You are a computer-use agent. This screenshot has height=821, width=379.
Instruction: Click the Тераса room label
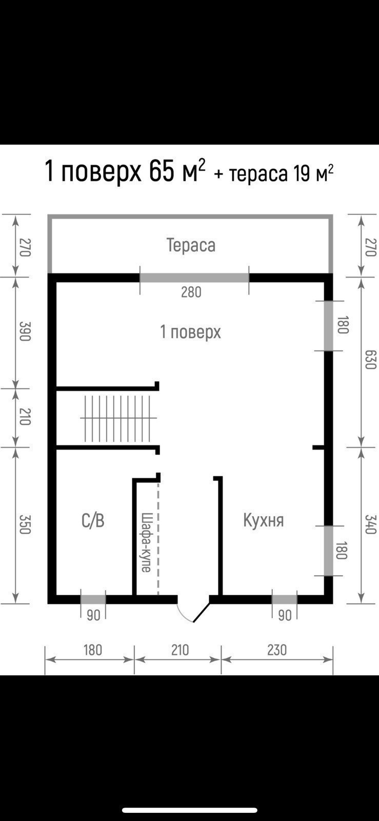click(x=191, y=245)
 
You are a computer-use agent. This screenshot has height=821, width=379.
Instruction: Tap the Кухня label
click(x=263, y=520)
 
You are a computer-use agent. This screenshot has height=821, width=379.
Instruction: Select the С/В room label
click(x=93, y=520)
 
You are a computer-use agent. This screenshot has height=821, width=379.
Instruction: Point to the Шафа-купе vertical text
click(x=146, y=542)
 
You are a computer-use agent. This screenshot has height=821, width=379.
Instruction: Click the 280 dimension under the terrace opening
click(x=191, y=292)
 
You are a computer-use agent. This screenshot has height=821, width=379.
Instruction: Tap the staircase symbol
click(x=117, y=418)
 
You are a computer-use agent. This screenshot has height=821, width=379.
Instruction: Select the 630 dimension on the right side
click(x=371, y=359)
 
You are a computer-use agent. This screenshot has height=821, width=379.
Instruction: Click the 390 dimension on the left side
click(x=24, y=331)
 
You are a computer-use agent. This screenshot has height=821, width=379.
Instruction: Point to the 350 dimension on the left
click(x=24, y=524)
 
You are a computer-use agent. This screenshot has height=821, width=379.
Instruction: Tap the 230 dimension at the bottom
click(x=276, y=650)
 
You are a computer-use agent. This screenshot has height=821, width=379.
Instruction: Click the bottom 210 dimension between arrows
click(x=180, y=650)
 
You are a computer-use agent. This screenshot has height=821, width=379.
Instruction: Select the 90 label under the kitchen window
click(x=285, y=615)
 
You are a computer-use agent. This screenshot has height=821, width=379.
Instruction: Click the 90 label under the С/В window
click(x=93, y=615)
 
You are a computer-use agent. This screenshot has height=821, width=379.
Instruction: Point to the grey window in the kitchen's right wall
click(x=328, y=551)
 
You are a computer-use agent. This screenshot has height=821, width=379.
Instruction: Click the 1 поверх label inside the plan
click(x=190, y=332)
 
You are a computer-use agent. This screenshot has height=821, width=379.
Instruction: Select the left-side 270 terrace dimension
click(x=24, y=247)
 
